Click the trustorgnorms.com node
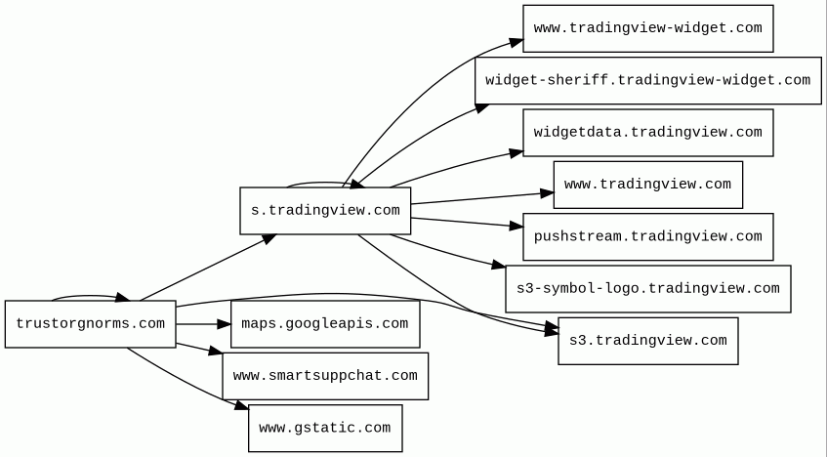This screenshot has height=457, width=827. (90, 324)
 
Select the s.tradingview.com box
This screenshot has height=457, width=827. (325, 211)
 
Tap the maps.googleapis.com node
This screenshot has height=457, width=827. (325, 324)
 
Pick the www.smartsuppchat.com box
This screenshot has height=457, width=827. (325, 376)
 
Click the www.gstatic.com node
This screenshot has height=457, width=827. (325, 428)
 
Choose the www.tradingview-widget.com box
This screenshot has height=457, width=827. (647, 28)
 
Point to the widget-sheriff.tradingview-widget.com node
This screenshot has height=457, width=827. (647, 81)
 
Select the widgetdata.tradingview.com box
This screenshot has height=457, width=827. (647, 133)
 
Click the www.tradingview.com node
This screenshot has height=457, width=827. (647, 185)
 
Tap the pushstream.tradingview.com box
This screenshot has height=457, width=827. (647, 236)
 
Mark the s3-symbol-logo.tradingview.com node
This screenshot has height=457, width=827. (647, 289)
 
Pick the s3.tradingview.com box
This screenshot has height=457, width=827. (647, 341)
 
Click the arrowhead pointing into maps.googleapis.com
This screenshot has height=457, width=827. (225, 324)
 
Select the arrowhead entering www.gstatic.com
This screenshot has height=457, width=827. (242, 405)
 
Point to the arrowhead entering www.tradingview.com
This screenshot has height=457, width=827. (547, 193)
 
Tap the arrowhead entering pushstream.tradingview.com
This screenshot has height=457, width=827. (517, 226)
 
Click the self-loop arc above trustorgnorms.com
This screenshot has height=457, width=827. (90, 297)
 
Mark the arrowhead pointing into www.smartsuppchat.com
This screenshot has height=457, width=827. (216, 351)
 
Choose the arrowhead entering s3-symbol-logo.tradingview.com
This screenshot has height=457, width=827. (499, 265)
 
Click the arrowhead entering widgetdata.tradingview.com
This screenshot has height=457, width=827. (517, 153)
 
